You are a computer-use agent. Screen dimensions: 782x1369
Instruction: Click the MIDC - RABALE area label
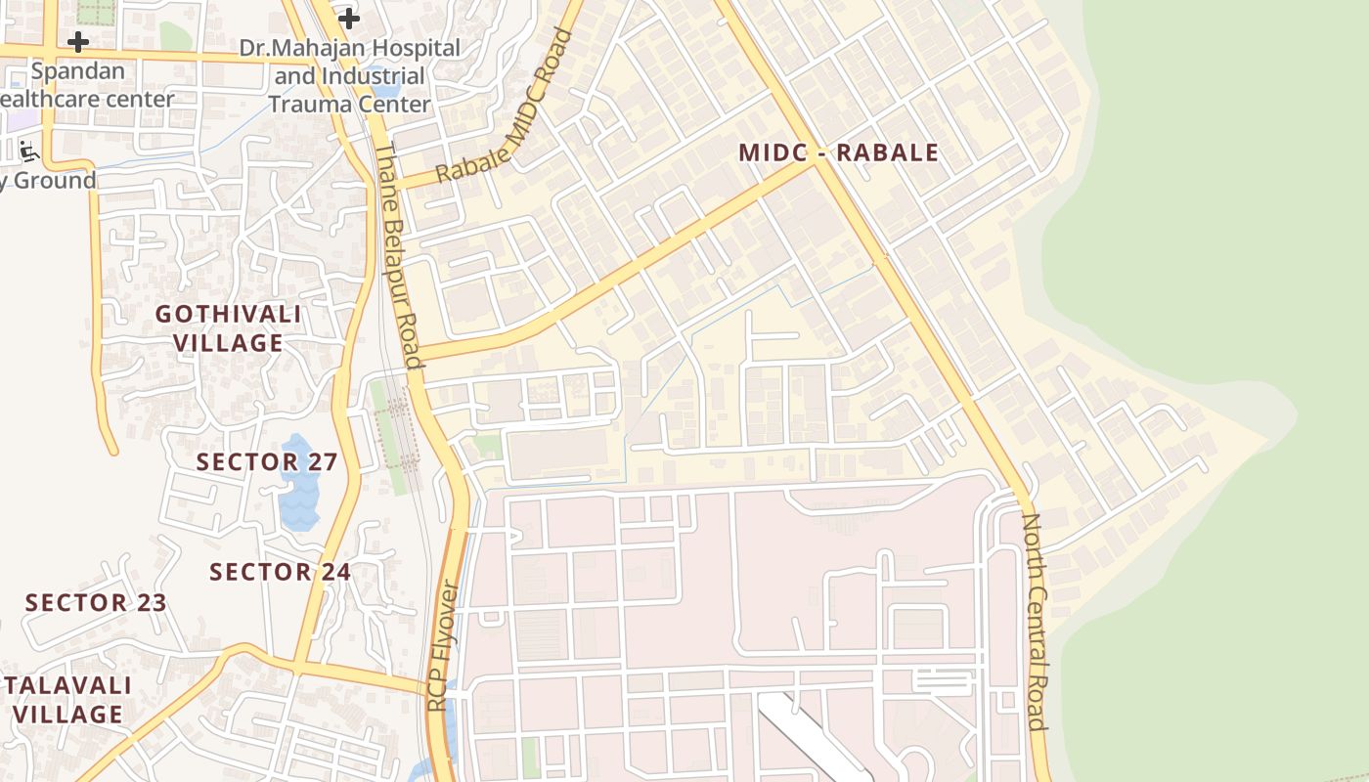point(838,152)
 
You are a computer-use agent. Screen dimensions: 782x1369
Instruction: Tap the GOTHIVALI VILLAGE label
point(228,328)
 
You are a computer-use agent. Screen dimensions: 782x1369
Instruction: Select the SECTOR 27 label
point(267,461)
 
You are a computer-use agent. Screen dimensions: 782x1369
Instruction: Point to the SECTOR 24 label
point(280,572)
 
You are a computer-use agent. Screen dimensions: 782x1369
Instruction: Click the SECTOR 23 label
point(96,602)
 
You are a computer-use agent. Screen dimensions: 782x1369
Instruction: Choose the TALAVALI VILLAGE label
point(68,699)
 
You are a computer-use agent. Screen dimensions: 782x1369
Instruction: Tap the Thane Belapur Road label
point(399,255)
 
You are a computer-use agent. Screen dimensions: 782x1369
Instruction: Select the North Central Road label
point(1035,621)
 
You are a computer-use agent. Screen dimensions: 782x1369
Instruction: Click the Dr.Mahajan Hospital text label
point(349,48)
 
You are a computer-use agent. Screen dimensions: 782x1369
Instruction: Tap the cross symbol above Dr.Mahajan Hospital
point(349,18)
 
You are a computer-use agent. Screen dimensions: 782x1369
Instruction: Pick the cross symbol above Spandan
point(78,42)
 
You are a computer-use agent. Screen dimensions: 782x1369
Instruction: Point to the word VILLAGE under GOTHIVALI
point(228,343)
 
